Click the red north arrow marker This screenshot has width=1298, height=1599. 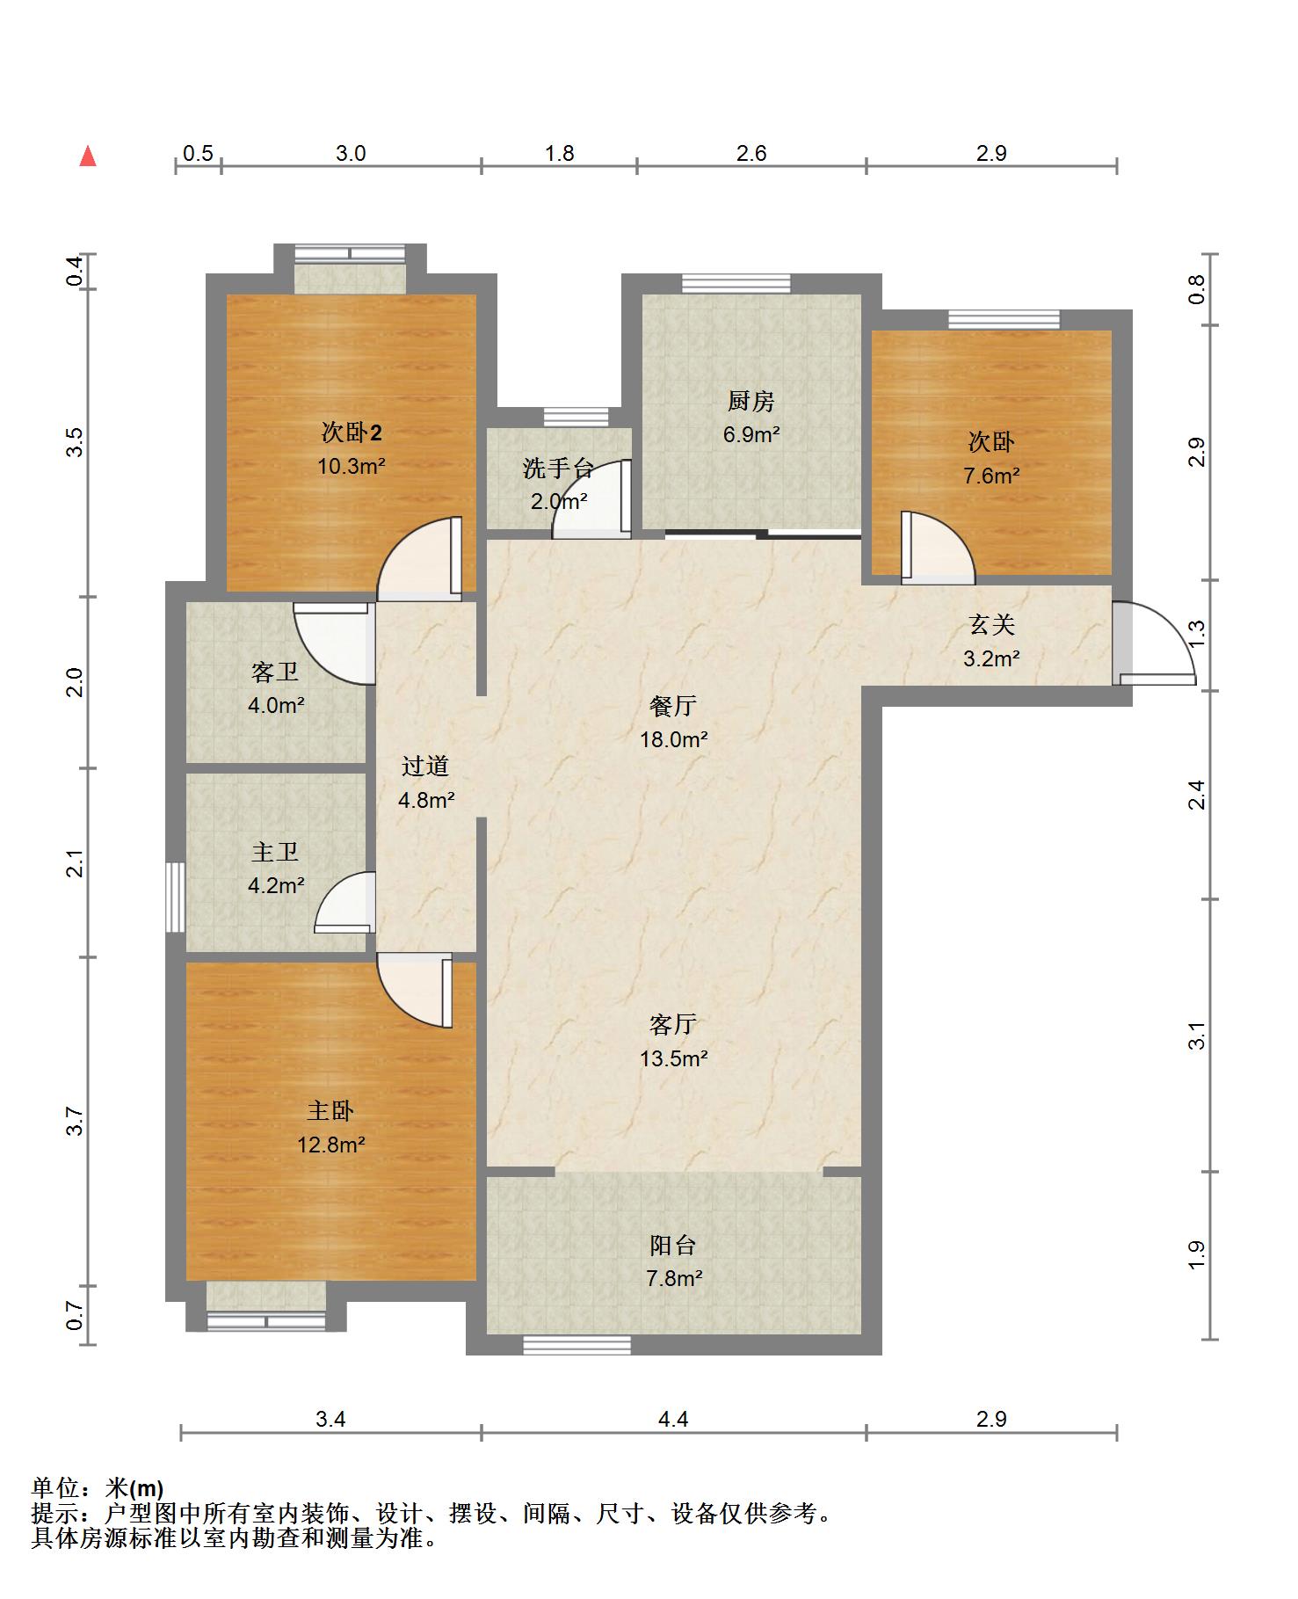point(88,156)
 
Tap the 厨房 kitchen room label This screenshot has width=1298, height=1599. point(751,402)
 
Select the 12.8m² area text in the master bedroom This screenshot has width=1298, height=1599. point(330,1145)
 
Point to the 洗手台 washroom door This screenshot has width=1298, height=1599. point(591,498)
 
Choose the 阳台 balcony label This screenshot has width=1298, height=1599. point(672,1245)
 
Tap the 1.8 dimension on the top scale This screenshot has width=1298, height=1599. point(559,154)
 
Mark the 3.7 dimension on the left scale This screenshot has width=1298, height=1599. point(76,1122)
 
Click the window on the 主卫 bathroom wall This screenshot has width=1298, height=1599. point(176,897)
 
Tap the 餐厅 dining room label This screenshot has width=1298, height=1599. point(673,706)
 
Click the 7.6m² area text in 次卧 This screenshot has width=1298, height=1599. point(991,476)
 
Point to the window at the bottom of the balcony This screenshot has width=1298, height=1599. point(576,1345)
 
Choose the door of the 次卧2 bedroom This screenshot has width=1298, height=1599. point(420,559)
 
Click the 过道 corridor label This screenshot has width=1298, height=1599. point(425,767)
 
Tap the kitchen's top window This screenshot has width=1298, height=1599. point(736,283)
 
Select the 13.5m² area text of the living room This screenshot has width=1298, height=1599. point(674,1058)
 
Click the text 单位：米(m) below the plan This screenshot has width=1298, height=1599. point(98,1488)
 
